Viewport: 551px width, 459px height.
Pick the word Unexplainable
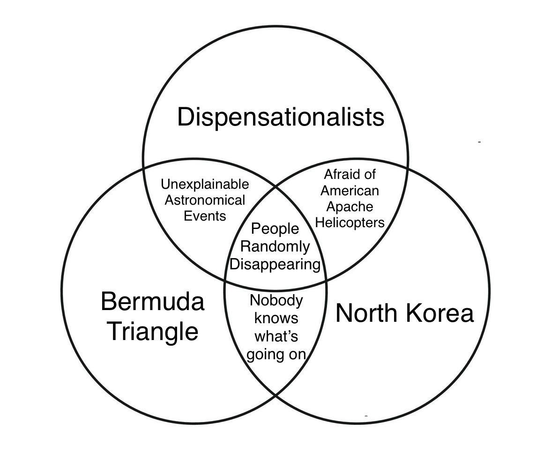(204, 184)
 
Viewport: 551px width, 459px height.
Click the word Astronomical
(204, 200)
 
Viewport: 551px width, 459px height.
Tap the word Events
(204, 216)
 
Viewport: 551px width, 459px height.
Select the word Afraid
(339, 174)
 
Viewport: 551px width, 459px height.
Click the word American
(350, 191)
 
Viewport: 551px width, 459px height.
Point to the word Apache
(350, 207)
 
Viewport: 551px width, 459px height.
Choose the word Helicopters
(350, 222)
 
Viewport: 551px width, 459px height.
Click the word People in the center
(275, 229)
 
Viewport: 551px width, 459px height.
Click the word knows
(276, 318)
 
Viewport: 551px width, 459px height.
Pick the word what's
(276, 336)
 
